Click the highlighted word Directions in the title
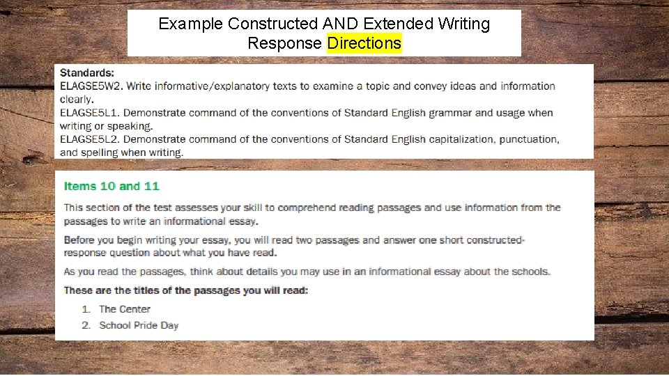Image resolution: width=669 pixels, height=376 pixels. pos(364,43)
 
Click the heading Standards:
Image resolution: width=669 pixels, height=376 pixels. pos(88,72)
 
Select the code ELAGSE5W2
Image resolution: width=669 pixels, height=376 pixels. pos(92,86)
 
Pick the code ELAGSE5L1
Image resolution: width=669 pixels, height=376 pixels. pos(91,113)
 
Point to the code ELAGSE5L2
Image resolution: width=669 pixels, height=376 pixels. pos(91,139)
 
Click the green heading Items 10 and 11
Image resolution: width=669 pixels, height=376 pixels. pos(111,186)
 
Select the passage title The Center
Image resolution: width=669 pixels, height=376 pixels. pos(125,309)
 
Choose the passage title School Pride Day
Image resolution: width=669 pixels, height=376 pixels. pos(139,325)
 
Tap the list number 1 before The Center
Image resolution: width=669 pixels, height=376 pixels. pos(86,309)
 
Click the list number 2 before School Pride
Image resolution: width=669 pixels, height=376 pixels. pos(86,325)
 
